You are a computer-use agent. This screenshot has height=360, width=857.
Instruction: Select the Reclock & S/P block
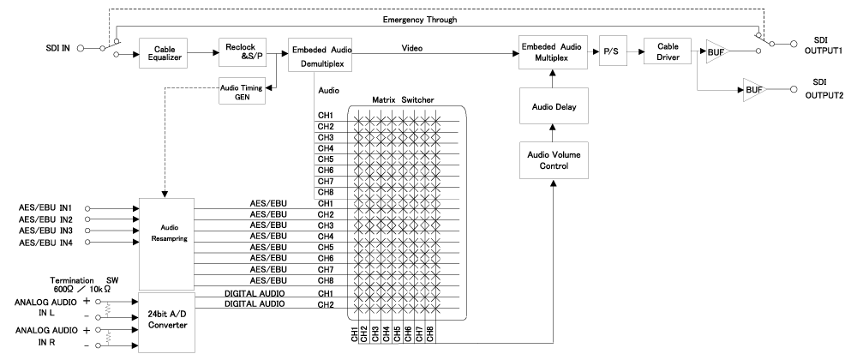(x=243, y=52)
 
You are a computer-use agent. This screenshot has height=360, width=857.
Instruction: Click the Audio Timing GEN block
(x=243, y=90)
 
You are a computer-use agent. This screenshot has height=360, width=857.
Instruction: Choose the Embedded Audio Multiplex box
(x=553, y=53)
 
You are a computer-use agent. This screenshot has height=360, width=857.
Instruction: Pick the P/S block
(x=613, y=51)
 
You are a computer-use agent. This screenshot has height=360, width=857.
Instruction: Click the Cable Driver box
(x=668, y=51)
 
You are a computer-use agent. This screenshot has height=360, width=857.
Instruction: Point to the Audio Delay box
(x=553, y=106)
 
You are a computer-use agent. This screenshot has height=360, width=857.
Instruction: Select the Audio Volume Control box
(x=553, y=160)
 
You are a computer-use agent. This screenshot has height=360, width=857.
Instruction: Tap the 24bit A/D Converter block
(x=167, y=322)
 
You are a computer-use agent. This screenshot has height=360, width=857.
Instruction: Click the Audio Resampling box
(x=167, y=243)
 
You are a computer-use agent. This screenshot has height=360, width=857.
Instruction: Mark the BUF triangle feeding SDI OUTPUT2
(x=753, y=89)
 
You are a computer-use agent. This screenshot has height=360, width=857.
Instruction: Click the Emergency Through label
(x=420, y=20)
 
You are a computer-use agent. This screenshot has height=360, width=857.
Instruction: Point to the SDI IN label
(x=58, y=48)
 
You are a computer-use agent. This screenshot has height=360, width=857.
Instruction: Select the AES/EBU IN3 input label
(x=46, y=231)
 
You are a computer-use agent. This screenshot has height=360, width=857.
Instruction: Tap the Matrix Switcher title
(x=403, y=100)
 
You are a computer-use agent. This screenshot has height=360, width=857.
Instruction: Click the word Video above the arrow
(x=412, y=48)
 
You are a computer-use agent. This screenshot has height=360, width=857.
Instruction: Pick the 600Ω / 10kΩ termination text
(x=83, y=288)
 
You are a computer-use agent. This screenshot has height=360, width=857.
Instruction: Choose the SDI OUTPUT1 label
(x=823, y=45)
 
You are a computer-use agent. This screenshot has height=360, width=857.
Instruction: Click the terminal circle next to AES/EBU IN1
(x=87, y=208)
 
